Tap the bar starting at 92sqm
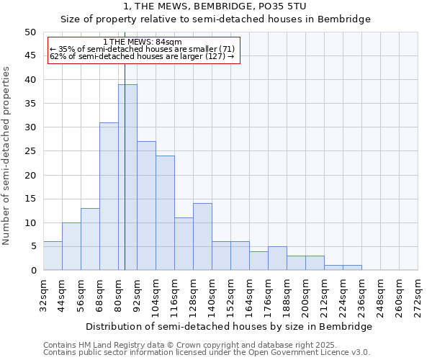[146, 206]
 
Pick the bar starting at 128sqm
[202, 237]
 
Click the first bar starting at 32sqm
[53, 256]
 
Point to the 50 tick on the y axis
[30, 32]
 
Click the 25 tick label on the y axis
[30, 151]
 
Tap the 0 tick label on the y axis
[32, 271]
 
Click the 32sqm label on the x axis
[44, 293]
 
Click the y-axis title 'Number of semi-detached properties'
[6, 156]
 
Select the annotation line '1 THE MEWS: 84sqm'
[142, 42]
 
